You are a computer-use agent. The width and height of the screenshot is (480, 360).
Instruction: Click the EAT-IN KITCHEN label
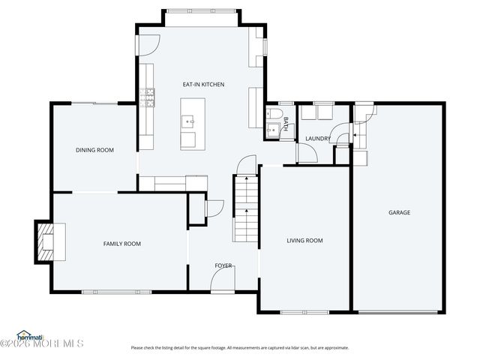(x=204, y=84)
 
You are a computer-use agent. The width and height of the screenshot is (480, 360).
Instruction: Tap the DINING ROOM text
(x=94, y=150)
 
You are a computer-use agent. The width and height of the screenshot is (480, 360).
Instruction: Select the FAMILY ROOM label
(x=121, y=243)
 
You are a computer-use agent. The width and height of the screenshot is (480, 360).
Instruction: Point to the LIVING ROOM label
(x=304, y=240)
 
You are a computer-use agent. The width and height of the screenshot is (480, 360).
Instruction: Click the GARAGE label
(x=399, y=212)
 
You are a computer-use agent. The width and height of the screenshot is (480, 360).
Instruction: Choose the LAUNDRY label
(x=318, y=138)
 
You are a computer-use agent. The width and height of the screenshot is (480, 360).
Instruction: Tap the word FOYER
(x=223, y=265)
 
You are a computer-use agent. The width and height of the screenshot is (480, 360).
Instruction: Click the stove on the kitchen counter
(x=149, y=95)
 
